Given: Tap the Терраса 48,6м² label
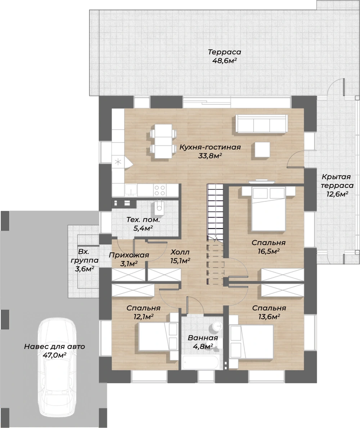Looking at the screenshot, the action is (224, 56).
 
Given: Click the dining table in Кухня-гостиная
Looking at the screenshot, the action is (163, 141).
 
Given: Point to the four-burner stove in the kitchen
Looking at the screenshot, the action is (159, 190).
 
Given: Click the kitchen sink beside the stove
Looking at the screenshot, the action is (131, 190).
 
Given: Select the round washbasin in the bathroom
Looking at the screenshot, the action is (217, 325).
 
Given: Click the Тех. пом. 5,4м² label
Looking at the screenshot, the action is (143, 224).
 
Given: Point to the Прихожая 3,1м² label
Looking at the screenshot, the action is (129, 259).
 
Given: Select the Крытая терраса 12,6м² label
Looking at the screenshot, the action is (337, 185).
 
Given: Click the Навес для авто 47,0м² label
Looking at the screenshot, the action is (55, 351).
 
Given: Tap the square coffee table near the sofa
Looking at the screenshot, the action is (262, 150).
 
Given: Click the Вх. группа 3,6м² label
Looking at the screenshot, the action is (84, 260).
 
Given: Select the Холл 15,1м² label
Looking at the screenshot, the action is (180, 256).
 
